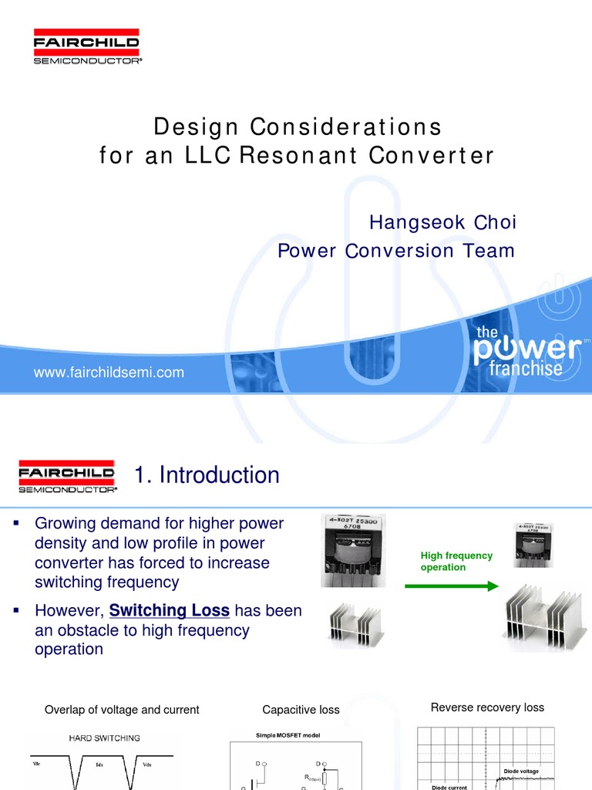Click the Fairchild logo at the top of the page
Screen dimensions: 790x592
pos(86,47)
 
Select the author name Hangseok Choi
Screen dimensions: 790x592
pos(442,222)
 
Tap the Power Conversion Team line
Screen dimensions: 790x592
pos(395,251)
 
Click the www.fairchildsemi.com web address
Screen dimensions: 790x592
pos(109,373)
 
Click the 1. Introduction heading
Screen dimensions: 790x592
pos(207,475)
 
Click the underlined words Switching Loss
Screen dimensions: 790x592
pos(170,610)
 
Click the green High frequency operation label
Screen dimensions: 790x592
pos(456,562)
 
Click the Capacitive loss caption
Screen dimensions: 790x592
pos(301,710)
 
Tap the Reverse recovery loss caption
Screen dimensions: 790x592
pos(487,707)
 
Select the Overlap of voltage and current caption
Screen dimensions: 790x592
pos(122,710)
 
